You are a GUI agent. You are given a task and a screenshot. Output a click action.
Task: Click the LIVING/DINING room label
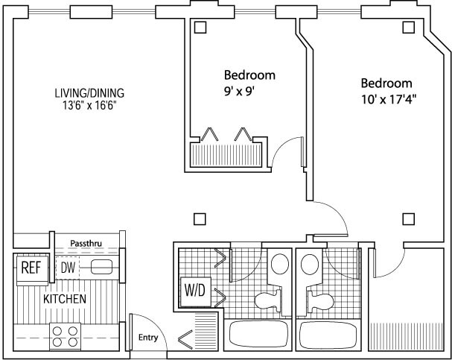[x=89, y=93]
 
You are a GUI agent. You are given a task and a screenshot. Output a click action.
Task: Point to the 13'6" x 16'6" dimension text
[x=89, y=105]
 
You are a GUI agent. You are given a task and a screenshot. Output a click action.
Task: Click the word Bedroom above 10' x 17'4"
[x=386, y=83]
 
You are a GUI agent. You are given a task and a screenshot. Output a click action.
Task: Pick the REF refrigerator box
[x=30, y=268]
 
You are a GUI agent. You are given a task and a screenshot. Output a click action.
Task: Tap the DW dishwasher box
[x=69, y=268]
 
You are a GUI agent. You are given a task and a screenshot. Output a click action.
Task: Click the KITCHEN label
[x=64, y=300]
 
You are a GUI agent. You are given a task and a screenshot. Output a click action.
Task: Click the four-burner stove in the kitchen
[x=65, y=335]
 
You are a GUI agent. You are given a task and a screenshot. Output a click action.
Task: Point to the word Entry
[x=148, y=338]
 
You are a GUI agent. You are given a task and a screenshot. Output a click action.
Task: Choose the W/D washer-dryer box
[x=192, y=288]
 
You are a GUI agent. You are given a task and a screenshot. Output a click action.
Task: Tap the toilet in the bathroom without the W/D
[x=320, y=301]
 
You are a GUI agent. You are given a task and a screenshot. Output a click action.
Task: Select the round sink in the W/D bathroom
[x=279, y=265]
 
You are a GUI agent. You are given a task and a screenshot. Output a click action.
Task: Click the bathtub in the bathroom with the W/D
[x=258, y=335]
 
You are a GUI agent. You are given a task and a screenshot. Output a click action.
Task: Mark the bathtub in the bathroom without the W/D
[x=329, y=335]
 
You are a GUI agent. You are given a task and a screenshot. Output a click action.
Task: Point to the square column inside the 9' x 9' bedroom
[x=200, y=28]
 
